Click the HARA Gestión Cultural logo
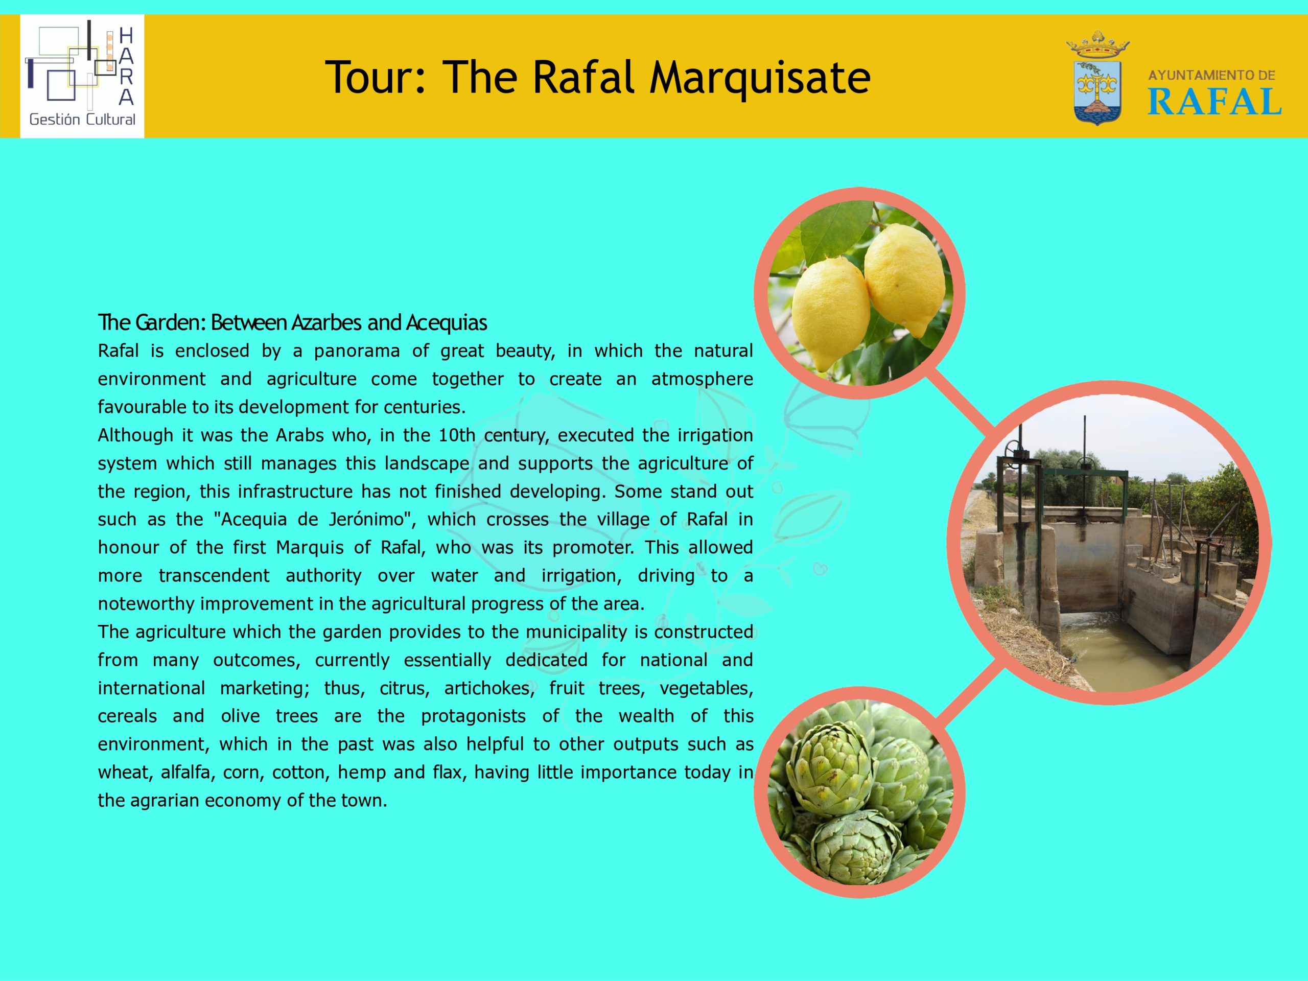[82, 76]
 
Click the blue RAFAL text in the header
[1214, 101]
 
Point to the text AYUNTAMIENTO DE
[1211, 76]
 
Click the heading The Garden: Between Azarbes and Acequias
[293, 323]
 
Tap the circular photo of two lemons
[859, 293]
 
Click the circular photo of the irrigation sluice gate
[1109, 543]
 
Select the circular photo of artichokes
[859, 792]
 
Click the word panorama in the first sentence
[357, 351]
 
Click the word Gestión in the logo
[54, 120]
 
